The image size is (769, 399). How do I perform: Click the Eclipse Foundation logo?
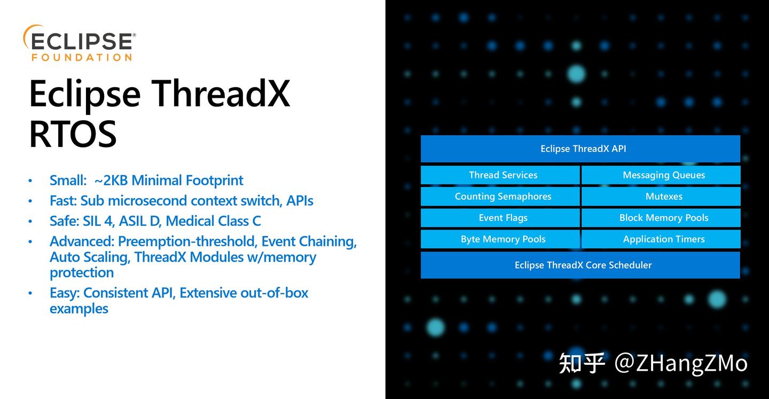pos(79,43)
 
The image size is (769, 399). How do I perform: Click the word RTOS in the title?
pos(73,135)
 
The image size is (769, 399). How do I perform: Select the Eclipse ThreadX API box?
pos(580,148)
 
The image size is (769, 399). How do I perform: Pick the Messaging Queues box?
pos(661,175)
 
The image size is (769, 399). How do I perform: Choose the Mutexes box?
pos(661,197)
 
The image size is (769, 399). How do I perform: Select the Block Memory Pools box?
pos(661,218)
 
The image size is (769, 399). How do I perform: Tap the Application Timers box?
pos(661,239)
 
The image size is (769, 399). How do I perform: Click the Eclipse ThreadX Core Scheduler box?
pos(580,265)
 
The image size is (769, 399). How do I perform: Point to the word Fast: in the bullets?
pos(64,201)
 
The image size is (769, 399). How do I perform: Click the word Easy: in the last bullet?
pos(65,293)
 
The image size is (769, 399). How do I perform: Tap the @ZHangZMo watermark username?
pos(681,363)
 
